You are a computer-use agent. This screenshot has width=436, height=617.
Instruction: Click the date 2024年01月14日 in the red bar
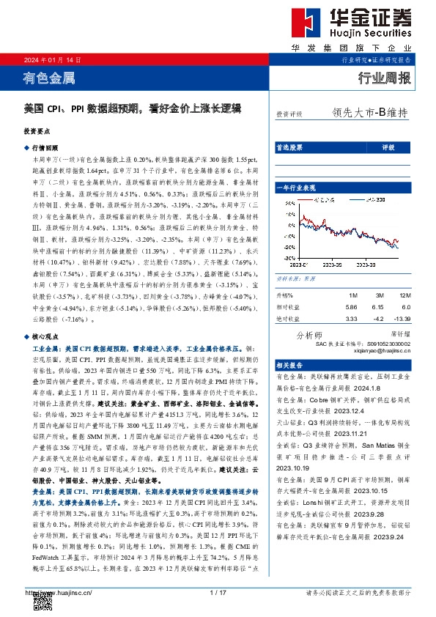point(53,61)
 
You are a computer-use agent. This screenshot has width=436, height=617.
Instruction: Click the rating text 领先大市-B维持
point(369,114)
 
